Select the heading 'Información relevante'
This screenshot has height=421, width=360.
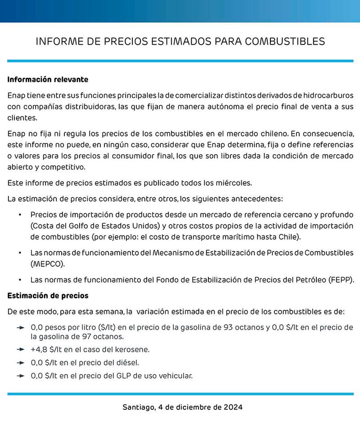pos(48,80)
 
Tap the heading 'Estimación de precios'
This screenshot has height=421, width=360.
pos(48,296)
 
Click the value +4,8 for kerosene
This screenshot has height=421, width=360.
pos(38,349)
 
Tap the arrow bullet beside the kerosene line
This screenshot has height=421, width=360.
pos(20,349)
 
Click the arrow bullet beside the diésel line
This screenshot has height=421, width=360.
pos(20,362)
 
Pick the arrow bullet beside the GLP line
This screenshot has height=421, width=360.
pos(20,375)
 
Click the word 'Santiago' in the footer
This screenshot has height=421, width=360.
pos(139,408)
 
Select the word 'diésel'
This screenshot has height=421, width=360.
pos(128,362)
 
